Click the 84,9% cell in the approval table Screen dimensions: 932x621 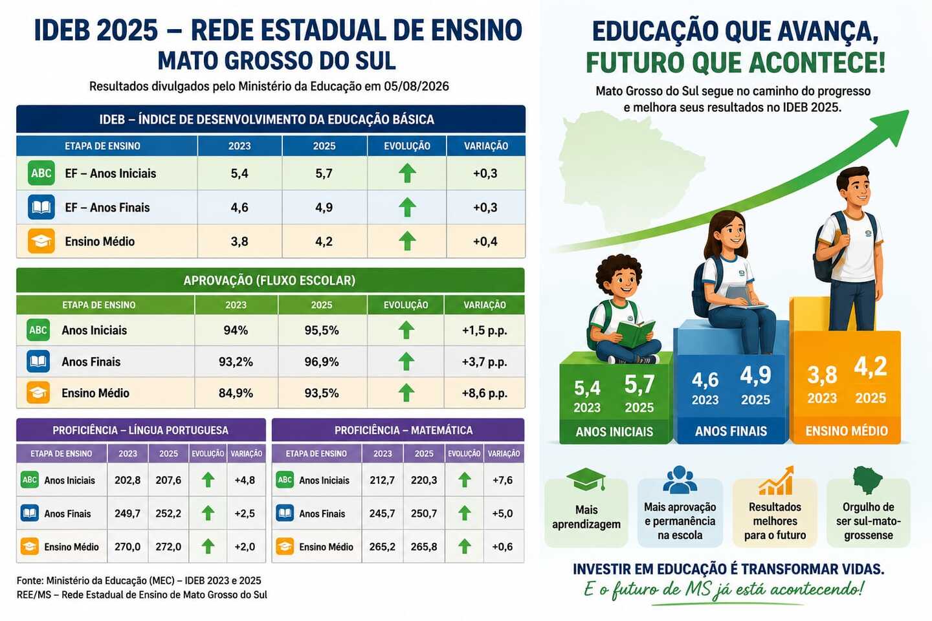[236, 393]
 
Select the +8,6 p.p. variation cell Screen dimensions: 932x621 [485, 393]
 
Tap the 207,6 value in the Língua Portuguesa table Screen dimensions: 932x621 [168, 480]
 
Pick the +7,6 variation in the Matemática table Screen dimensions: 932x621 [502, 480]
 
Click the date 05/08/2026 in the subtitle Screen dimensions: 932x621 [416, 87]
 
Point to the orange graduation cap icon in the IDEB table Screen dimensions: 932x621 [41, 241]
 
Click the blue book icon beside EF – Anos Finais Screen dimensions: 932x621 [41, 207]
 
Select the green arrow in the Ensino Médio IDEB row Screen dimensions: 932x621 [407, 241]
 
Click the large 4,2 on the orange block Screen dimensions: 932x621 [871, 367]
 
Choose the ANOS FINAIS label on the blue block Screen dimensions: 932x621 [731, 431]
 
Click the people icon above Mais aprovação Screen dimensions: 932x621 [680, 479]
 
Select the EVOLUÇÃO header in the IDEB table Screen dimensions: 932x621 [407, 146]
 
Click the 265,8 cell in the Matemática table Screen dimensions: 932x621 [423, 547]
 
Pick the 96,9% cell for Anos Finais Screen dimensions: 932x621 [322, 362]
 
